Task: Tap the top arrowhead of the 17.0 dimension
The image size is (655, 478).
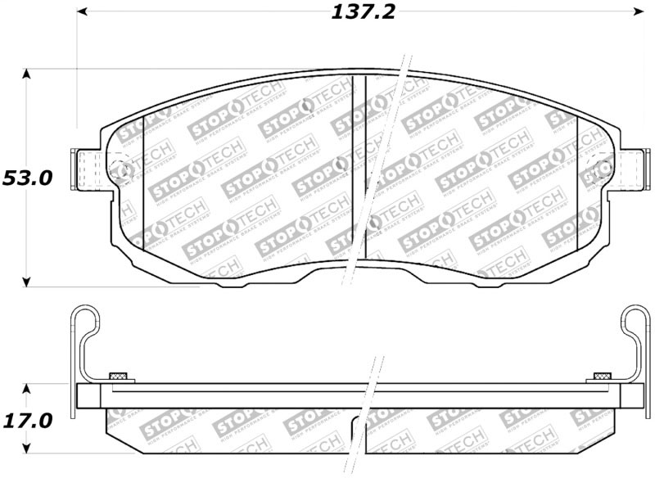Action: [27, 388]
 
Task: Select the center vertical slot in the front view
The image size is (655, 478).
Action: [358, 176]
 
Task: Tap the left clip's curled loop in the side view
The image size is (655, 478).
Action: [83, 322]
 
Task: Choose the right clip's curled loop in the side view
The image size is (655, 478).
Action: [635, 322]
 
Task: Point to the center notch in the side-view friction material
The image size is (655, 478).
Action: [358, 426]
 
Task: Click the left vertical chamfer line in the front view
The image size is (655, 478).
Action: [143, 182]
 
